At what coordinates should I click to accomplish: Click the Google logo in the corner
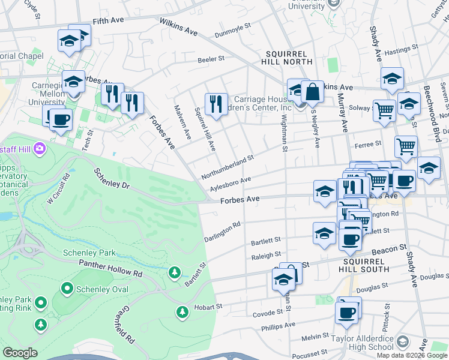point(20,353)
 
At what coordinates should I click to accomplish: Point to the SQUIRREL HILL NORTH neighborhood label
point(287,57)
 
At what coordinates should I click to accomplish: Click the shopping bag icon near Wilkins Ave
point(312,92)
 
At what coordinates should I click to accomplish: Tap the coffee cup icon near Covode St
point(347,312)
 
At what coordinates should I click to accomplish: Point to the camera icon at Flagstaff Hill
point(40,147)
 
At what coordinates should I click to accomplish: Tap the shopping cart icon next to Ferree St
point(406,146)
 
